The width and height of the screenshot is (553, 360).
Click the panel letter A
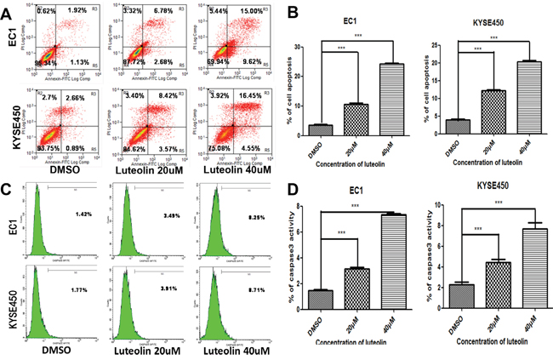tap(8, 9)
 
